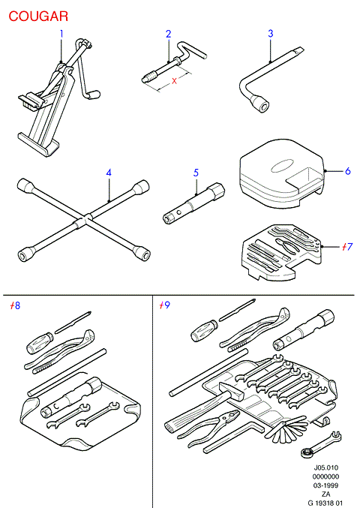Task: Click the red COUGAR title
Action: pyautogui.click(x=38, y=17)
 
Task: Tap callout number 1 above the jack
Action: pyautogui.click(x=61, y=34)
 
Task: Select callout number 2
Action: pyautogui.click(x=168, y=34)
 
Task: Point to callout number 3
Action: pyautogui.click(x=271, y=33)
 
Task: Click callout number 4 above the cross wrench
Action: pyautogui.click(x=109, y=173)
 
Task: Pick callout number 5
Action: pyautogui.click(x=196, y=173)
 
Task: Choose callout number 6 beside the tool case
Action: pyautogui.click(x=348, y=171)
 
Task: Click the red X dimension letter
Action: pyautogui.click(x=175, y=81)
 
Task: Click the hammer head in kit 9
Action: pyautogui.click(x=231, y=390)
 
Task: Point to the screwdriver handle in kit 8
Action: pyautogui.click(x=40, y=343)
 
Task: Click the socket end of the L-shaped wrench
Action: pyautogui.click(x=261, y=104)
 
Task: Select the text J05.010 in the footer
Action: pyautogui.click(x=326, y=467)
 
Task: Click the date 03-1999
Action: pyautogui.click(x=326, y=485)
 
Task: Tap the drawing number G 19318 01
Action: pyautogui.click(x=325, y=503)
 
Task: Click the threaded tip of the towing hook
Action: pyautogui.click(x=148, y=79)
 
